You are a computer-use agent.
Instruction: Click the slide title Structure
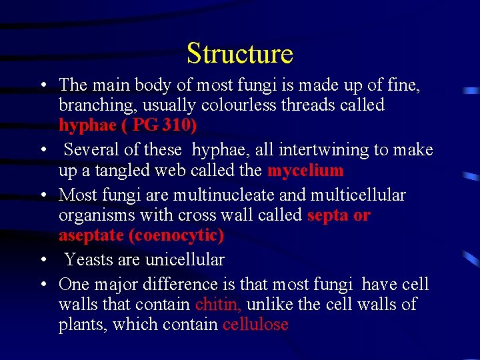click(x=240, y=53)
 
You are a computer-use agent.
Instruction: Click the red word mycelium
click(x=305, y=171)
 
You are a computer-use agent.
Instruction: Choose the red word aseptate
click(x=91, y=236)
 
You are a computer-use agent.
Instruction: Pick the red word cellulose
click(x=255, y=325)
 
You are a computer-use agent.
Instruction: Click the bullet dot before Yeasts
click(x=43, y=260)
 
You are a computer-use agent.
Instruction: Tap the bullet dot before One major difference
click(x=43, y=285)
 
